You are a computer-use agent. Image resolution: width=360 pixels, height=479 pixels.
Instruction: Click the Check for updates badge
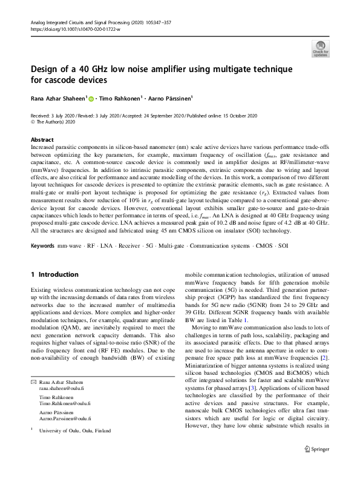pos(320,49)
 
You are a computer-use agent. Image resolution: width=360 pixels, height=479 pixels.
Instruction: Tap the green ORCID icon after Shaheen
pos(92,97)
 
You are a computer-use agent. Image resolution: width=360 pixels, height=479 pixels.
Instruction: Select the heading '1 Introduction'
pos(54,274)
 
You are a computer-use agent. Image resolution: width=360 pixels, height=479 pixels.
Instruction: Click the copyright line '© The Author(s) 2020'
pos(55,121)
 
